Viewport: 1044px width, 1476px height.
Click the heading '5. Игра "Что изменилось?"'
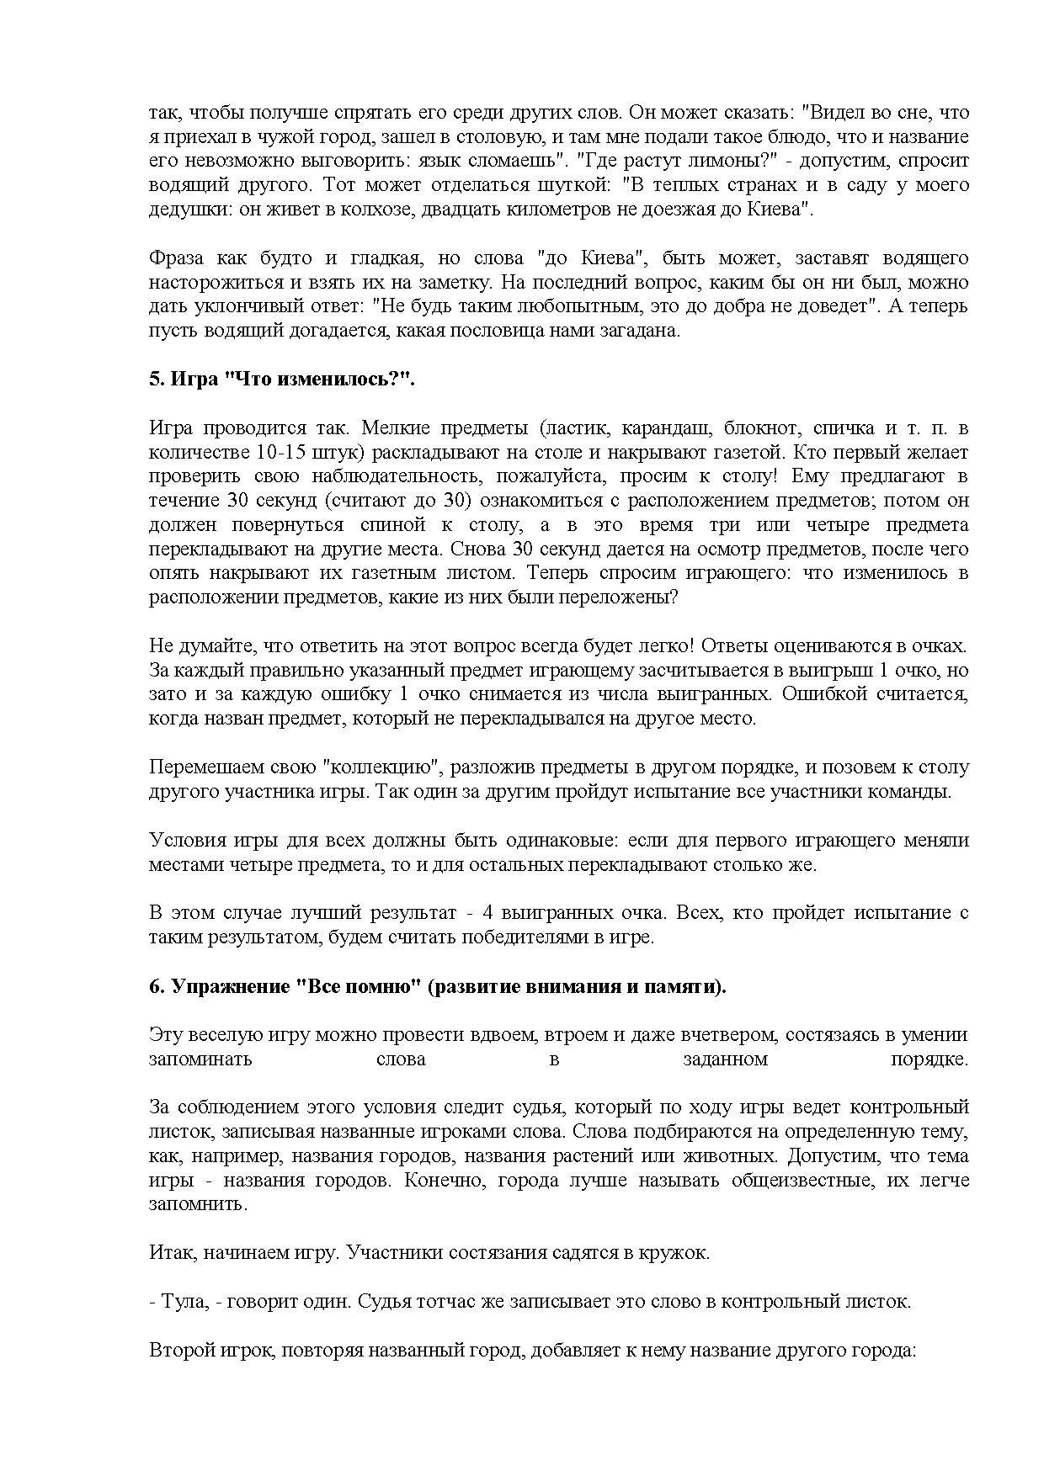click(283, 379)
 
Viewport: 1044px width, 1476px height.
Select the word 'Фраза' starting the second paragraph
click(175, 258)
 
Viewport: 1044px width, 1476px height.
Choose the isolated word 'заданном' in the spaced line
click(726, 1059)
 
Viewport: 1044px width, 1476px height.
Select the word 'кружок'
click(679, 1252)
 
